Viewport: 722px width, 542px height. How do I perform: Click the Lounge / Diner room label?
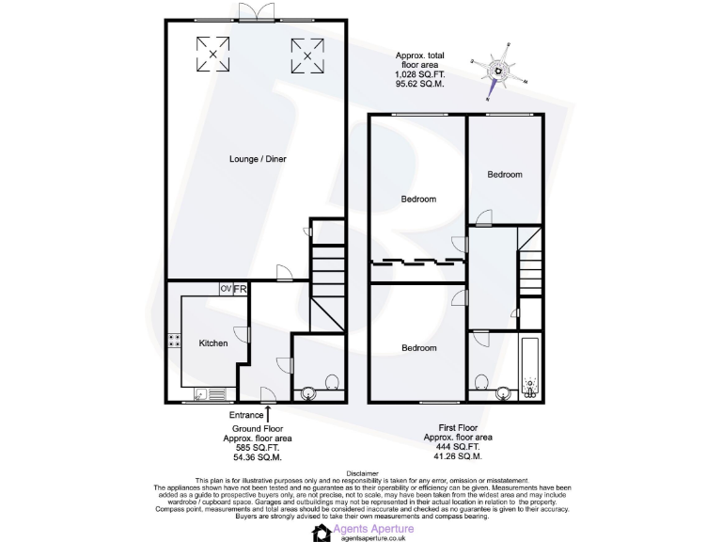tap(258, 159)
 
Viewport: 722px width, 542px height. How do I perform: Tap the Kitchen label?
tap(213, 343)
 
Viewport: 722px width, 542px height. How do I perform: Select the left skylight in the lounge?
tap(212, 54)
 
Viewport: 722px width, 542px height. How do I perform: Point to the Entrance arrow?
tap(269, 411)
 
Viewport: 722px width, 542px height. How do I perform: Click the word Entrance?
tap(246, 414)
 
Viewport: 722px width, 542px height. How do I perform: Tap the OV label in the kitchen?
tap(226, 289)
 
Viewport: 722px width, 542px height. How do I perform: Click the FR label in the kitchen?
tap(240, 289)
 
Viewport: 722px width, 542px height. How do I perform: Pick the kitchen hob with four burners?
tap(174, 342)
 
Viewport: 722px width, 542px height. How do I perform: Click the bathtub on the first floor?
tap(529, 369)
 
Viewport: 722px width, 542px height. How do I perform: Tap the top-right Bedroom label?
tap(504, 174)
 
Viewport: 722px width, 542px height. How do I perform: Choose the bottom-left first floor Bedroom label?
tap(418, 348)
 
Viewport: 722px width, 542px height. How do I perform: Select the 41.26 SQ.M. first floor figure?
tap(458, 456)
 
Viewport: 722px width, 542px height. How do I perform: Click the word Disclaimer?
tap(362, 473)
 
